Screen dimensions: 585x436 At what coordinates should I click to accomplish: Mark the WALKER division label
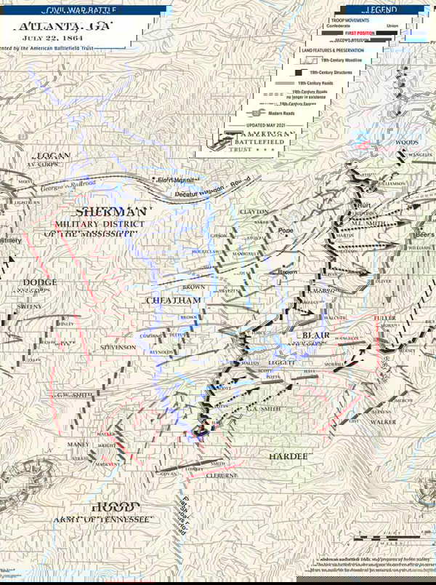383,421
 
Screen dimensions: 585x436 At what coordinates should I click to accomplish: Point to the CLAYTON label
254,211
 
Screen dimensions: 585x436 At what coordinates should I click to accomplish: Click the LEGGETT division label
282,362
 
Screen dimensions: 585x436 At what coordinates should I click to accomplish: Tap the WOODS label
406,143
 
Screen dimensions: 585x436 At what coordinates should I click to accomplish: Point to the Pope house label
286,230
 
